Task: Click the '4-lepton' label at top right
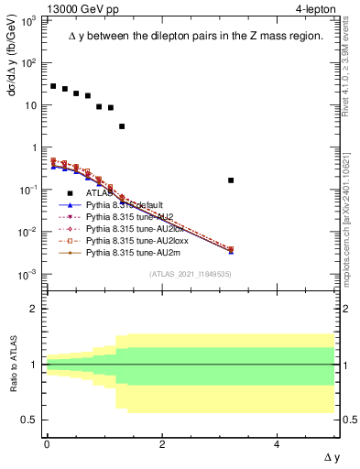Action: click(x=314, y=8)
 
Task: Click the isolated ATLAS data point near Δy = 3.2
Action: click(x=231, y=180)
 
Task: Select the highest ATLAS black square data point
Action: click(x=53, y=86)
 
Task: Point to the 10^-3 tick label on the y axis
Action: click(x=29, y=274)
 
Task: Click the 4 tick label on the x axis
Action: click(x=278, y=443)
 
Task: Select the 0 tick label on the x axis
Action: click(x=47, y=443)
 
